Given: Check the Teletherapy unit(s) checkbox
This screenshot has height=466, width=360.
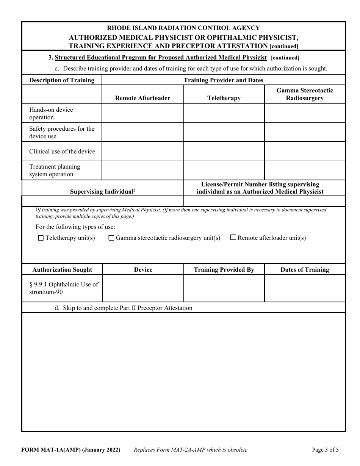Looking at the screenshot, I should pos(41,238).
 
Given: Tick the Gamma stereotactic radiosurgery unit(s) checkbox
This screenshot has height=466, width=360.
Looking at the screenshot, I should pos(111,238).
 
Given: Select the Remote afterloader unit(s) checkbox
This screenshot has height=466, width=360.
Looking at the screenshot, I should pos(233,238).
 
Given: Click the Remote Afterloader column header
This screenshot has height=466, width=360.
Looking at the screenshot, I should pos(142,98).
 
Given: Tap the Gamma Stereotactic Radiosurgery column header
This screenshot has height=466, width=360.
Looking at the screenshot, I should pos(305,94).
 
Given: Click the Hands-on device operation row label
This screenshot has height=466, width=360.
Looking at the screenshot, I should pos(51,113).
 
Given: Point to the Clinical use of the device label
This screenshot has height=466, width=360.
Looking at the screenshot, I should pos(62,152).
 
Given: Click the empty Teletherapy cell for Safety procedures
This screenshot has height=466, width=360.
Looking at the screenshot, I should pos(224,133).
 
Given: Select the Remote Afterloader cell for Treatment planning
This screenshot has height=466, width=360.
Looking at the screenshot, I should pos(142,170).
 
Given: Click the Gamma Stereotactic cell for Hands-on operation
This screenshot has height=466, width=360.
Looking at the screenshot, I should pos(305,113).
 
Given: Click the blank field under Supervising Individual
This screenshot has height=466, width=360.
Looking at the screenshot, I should pos(103,201).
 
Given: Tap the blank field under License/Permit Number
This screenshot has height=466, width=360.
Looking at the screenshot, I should pos(264,201).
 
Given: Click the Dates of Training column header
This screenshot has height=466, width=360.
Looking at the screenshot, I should pos(305,270).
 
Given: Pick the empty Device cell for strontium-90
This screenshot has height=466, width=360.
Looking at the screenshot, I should pos(143,288).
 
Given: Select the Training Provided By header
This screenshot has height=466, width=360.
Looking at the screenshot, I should pos(224,270).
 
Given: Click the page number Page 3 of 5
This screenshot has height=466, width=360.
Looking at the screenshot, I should pos(325,450).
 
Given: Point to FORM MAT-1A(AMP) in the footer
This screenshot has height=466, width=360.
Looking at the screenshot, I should pos(71,450).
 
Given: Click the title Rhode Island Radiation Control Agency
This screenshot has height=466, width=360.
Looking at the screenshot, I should pos(183,28).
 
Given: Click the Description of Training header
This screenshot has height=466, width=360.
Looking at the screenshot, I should pos(62,80).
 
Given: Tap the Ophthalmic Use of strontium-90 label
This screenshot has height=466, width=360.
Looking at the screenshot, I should pos(63,288).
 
